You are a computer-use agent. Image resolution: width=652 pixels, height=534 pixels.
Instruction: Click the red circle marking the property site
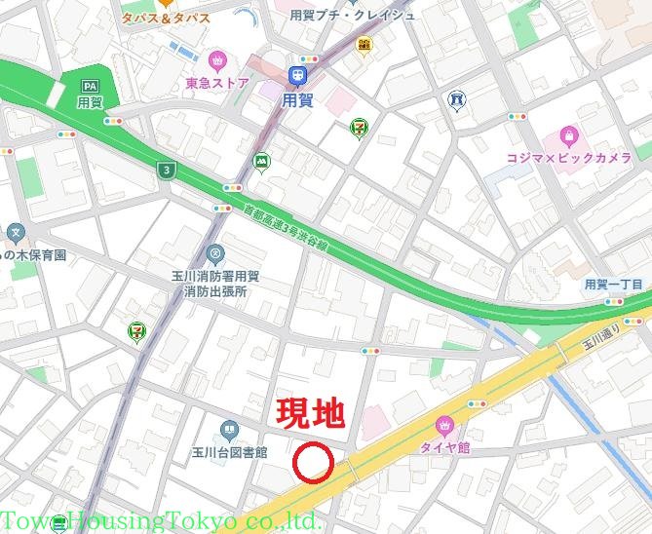click(x=314, y=464)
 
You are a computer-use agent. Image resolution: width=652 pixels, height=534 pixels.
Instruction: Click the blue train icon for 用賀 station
click(x=296, y=75)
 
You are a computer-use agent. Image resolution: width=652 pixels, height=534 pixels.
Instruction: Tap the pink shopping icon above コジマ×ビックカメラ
click(x=568, y=135)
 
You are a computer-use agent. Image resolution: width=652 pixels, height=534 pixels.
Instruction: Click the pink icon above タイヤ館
click(x=445, y=425)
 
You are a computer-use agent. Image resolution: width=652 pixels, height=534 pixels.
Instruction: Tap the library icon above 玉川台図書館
click(x=229, y=429)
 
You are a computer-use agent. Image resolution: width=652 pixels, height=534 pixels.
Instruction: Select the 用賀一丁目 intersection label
click(x=613, y=285)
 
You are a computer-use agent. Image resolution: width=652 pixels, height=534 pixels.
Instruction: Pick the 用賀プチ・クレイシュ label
click(x=352, y=15)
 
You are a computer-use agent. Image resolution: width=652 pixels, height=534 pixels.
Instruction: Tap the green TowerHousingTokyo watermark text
click(x=161, y=520)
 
